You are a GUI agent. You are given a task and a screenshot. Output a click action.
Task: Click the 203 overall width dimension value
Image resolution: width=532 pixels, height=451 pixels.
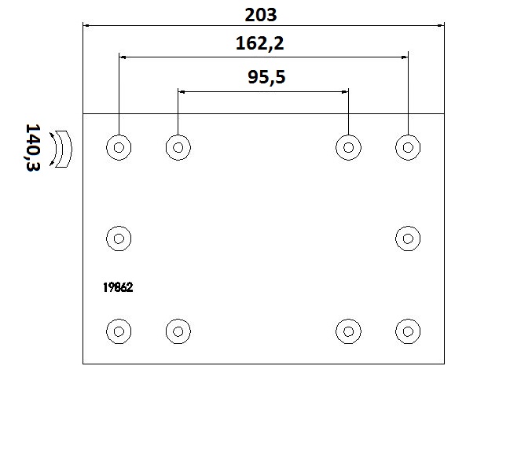click(x=261, y=15)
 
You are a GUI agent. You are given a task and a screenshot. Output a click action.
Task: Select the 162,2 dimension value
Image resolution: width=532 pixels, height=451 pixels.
click(x=259, y=44)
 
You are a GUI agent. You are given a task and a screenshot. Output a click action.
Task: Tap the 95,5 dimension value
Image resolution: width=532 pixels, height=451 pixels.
click(x=266, y=77)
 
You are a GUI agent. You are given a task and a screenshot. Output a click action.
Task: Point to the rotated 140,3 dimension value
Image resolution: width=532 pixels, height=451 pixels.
click(x=33, y=147)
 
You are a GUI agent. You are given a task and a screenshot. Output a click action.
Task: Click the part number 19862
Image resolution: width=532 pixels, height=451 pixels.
click(x=118, y=287)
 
